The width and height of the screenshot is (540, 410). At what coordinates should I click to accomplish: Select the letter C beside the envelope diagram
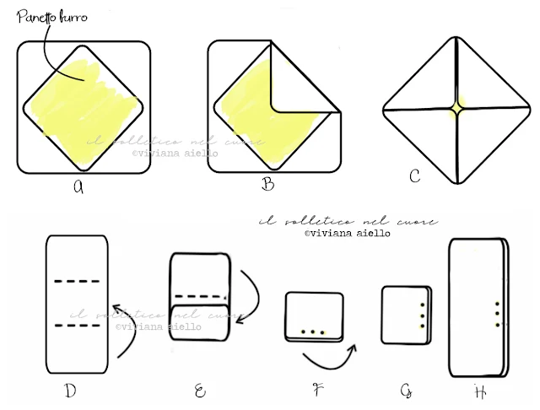click(414, 175)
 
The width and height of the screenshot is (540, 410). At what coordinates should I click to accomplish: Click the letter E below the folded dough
click(199, 389)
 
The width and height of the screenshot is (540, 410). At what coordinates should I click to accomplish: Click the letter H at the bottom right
click(479, 391)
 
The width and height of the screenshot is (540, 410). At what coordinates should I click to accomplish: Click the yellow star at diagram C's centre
click(456, 110)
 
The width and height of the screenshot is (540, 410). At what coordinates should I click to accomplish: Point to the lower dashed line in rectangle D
click(76, 325)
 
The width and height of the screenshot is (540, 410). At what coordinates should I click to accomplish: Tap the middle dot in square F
click(313, 332)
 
